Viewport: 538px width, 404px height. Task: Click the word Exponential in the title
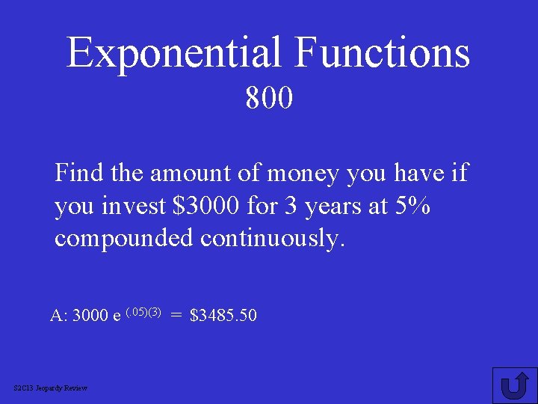(173, 52)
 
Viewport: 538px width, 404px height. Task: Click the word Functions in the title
(382, 52)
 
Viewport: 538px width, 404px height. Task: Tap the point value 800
(269, 97)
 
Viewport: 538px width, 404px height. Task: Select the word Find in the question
(79, 174)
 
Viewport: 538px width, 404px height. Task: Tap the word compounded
(123, 239)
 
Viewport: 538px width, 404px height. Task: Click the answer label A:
(58, 316)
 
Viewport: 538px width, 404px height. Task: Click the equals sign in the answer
(176, 316)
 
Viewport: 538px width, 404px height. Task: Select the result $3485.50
(223, 316)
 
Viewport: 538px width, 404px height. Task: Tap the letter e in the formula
(117, 316)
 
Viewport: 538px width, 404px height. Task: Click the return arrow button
(514, 385)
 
